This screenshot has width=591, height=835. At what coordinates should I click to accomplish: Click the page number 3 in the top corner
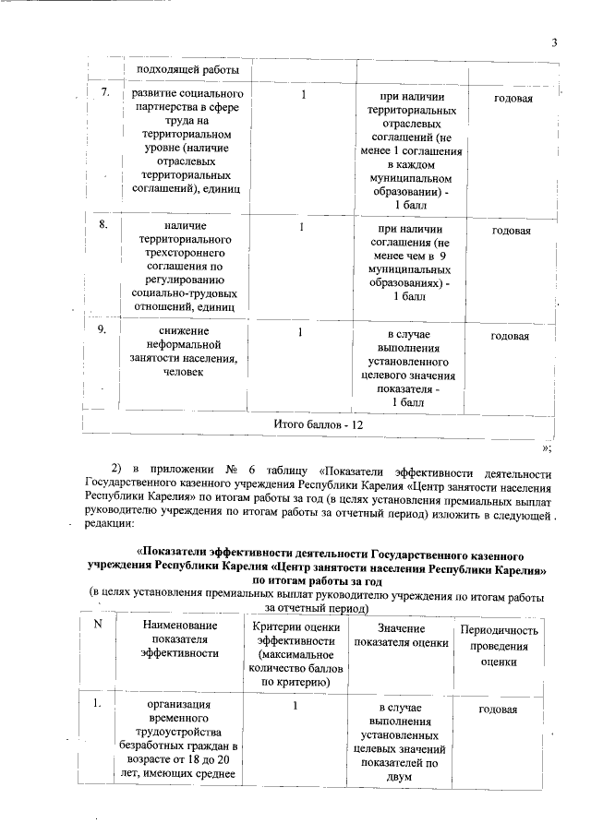(554, 42)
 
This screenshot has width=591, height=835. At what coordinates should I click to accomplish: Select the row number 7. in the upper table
(105, 93)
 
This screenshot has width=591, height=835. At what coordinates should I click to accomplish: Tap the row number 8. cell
(105, 224)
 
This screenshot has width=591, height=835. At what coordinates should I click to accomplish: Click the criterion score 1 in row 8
(301, 225)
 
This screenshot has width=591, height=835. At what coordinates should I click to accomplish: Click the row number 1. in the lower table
(97, 707)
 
